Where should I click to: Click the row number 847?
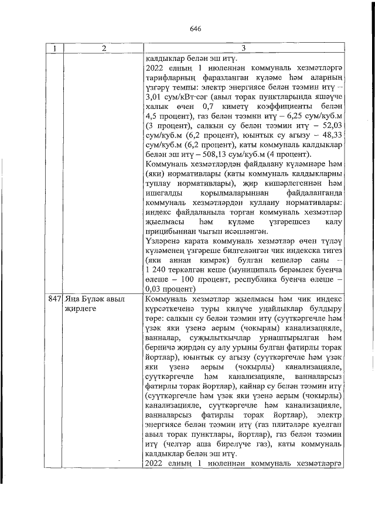tap(54, 299)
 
